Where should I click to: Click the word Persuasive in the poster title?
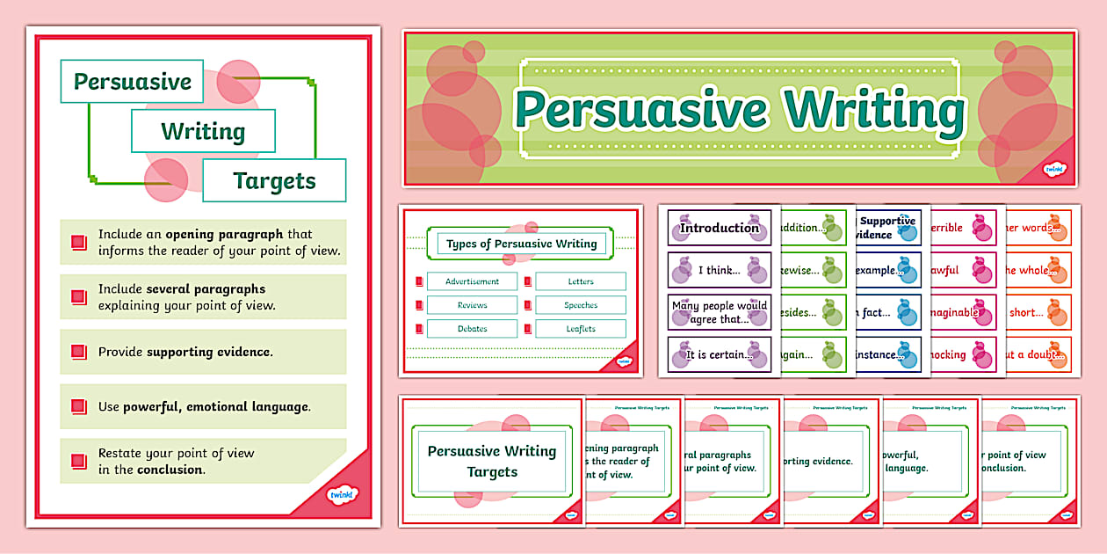(132, 82)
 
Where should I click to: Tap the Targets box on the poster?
(274, 181)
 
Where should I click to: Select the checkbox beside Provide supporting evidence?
(78, 352)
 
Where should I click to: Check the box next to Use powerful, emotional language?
(78, 407)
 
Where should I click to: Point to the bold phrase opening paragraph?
(224, 235)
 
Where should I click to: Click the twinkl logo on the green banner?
(1054, 169)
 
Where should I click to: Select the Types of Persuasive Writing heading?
(521, 244)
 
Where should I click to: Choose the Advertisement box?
(472, 281)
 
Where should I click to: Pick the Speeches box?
(581, 305)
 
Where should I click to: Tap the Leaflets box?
(581, 329)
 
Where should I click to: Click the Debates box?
(472, 329)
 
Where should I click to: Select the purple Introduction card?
(719, 228)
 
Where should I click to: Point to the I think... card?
(719, 270)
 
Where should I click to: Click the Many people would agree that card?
(719, 312)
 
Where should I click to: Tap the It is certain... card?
(719, 354)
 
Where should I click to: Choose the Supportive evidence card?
(887, 228)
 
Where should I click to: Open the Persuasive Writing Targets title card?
(492, 461)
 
